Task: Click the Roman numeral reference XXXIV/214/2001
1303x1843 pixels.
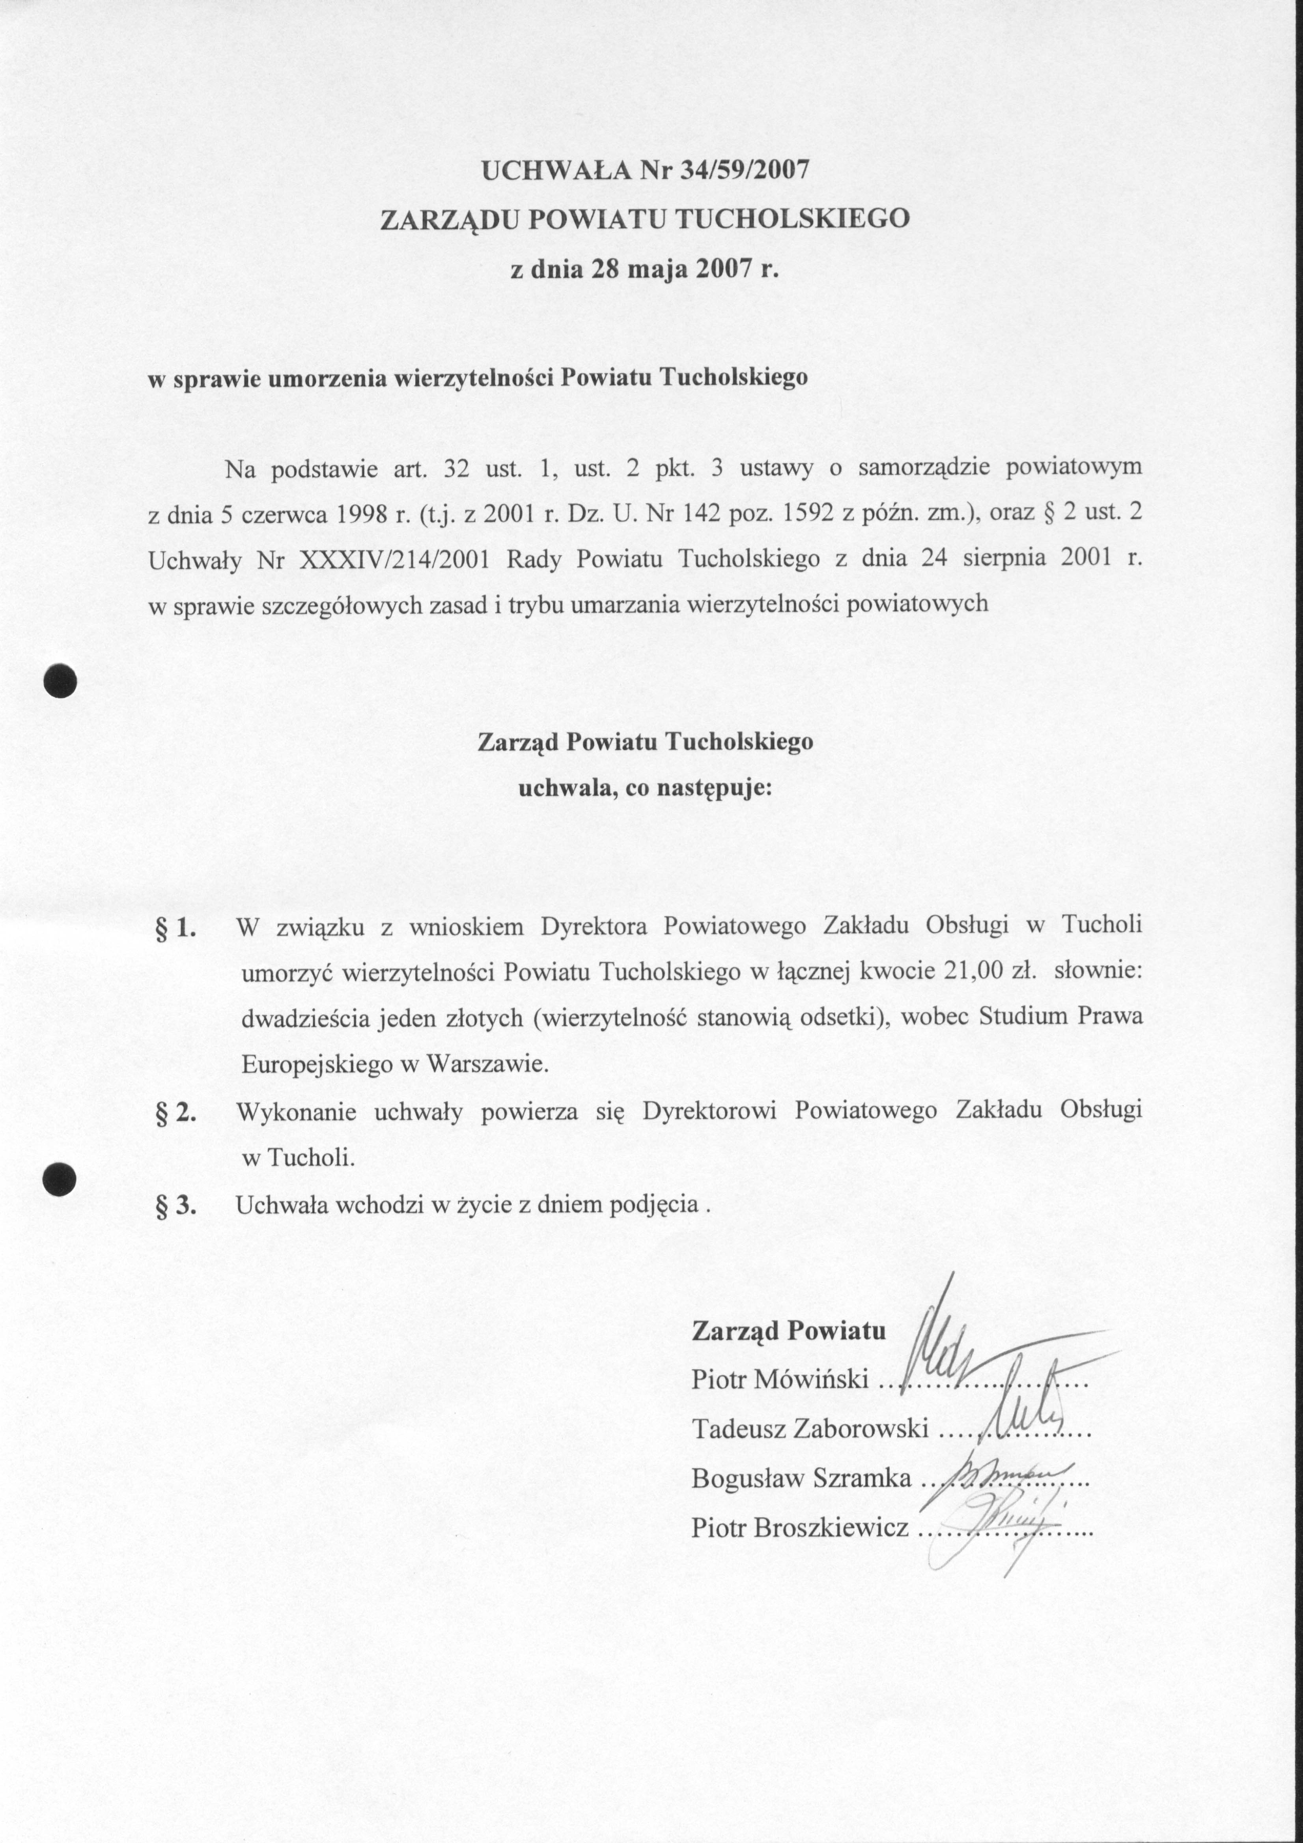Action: click(x=393, y=559)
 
